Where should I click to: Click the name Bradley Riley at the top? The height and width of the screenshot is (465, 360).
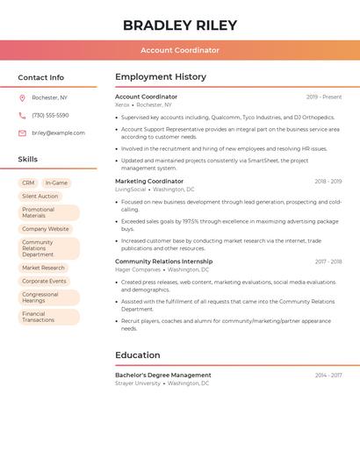(x=180, y=25)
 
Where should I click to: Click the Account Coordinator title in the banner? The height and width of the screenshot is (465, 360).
(x=180, y=50)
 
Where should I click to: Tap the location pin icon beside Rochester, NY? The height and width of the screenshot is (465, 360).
(x=22, y=97)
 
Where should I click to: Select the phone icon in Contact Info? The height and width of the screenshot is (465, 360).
(x=22, y=115)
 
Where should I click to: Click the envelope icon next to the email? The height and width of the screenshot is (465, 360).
(x=22, y=133)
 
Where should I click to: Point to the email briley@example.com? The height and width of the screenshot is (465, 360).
(x=58, y=133)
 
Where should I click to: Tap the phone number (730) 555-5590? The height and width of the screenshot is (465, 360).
(x=50, y=115)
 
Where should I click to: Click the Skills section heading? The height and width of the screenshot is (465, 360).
(x=28, y=159)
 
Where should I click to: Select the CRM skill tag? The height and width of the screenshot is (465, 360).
(x=27, y=183)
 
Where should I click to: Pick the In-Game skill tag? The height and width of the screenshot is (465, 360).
(x=56, y=183)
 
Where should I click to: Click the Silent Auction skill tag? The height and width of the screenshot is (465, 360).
(x=40, y=197)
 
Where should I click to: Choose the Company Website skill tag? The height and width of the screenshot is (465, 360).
(x=46, y=229)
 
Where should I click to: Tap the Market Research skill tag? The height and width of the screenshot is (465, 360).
(x=44, y=268)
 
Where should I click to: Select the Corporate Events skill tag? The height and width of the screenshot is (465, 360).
(x=45, y=281)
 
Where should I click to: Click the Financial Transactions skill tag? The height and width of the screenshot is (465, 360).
(x=39, y=317)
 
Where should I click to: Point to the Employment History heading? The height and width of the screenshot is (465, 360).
(x=161, y=76)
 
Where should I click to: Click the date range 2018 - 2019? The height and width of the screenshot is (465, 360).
(x=328, y=182)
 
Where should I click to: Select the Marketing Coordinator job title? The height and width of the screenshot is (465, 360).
(x=149, y=181)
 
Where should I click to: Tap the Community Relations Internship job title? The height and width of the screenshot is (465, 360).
(x=163, y=261)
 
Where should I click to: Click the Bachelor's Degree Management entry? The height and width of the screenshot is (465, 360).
(x=163, y=375)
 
